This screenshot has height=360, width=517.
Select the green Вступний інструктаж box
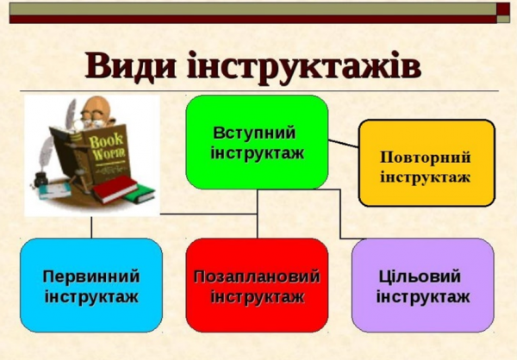coord(257,142)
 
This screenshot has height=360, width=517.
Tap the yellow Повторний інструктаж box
coord(427,163)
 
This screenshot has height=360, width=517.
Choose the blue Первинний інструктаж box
coord(90,285)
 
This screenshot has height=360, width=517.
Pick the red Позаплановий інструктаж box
coord(257,285)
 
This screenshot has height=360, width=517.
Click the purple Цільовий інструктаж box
coord(422,285)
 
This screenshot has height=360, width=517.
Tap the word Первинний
coord(90,276)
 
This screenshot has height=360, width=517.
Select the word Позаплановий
coord(257,276)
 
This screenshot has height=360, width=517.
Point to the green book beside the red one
coord(138,195)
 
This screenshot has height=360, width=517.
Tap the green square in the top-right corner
coord(505,11)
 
